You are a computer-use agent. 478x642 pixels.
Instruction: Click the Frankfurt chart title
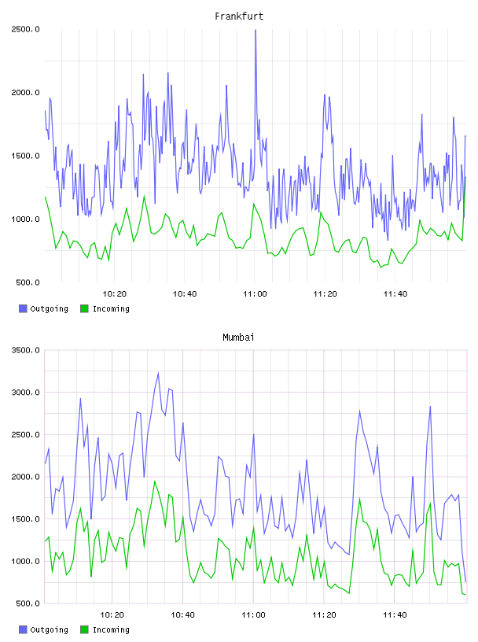[239, 17]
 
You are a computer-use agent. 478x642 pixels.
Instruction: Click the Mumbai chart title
[238, 338]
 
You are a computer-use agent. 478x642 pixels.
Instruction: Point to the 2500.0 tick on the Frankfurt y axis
[25, 29]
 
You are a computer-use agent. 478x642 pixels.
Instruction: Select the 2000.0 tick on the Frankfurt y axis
[25, 93]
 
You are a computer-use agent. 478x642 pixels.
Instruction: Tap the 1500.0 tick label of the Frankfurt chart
[25, 156]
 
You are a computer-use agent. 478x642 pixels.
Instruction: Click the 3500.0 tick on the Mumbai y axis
[25, 350]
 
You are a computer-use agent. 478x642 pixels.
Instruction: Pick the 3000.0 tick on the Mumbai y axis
[25, 393]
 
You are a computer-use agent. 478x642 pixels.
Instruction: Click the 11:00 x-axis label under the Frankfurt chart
[255, 294]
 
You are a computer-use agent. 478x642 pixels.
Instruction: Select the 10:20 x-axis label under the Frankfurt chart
[114, 294]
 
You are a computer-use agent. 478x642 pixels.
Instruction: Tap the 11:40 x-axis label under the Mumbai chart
[395, 615]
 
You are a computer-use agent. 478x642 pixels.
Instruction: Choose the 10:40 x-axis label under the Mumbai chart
[182, 615]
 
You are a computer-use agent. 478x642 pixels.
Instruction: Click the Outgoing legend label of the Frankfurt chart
[49, 309]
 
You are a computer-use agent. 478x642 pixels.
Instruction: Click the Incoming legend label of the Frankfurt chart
[111, 309]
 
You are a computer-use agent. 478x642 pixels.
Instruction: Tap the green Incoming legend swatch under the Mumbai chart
[84, 629]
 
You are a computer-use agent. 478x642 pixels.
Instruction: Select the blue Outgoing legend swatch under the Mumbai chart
[23, 629]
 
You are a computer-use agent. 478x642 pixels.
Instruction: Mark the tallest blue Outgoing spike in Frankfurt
[256, 30]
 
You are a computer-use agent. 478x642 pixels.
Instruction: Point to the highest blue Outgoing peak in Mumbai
[158, 373]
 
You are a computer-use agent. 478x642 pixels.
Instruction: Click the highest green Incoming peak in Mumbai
[155, 481]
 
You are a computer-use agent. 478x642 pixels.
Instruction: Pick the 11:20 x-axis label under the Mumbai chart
[324, 615]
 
